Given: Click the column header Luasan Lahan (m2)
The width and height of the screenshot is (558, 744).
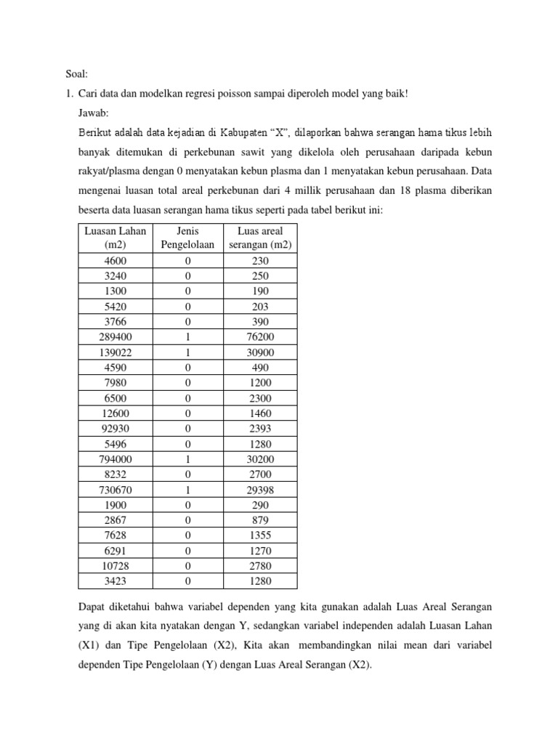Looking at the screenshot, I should tap(116, 238).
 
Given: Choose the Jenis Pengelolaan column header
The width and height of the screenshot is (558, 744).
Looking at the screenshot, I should tap(187, 238).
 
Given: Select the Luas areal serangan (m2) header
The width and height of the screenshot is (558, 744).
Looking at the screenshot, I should tap(260, 238).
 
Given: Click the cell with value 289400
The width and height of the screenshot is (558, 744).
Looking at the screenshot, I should tap(116, 337).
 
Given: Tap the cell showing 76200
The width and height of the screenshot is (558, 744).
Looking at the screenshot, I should tap(260, 337).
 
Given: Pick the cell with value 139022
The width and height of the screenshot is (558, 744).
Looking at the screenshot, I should tap(116, 352).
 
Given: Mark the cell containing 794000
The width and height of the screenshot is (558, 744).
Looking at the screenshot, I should tap(116, 459).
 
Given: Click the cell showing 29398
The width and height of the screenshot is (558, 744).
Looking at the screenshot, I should tap(260, 490).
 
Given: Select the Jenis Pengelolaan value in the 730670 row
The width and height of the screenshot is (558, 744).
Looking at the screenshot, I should tap(187, 490).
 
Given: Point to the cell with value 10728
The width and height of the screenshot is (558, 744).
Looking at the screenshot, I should tap(116, 565).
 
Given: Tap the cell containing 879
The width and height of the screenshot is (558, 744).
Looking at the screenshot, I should tap(260, 520).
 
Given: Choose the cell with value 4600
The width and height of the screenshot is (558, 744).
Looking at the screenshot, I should tap(116, 261).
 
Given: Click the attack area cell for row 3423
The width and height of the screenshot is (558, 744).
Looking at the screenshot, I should tap(260, 581).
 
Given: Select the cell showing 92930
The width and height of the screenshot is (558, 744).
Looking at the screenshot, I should tap(116, 429).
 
